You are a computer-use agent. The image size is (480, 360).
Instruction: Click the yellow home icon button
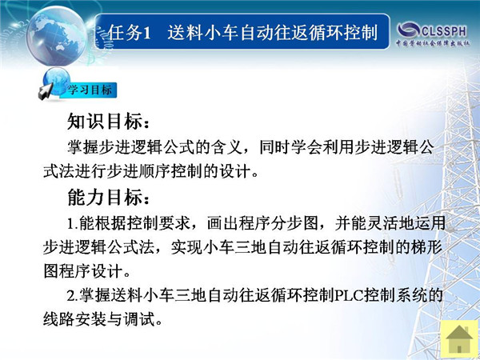pos(459,338)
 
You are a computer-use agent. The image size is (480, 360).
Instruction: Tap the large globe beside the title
pos(56,36)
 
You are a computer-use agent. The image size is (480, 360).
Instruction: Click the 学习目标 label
pos(90,90)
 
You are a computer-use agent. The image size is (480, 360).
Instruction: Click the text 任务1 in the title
pos(130,33)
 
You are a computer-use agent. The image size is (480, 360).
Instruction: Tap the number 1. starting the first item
pos(73,223)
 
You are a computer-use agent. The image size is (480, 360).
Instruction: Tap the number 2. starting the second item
pos(73,296)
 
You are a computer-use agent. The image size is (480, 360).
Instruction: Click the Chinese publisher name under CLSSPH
pos(433,43)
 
